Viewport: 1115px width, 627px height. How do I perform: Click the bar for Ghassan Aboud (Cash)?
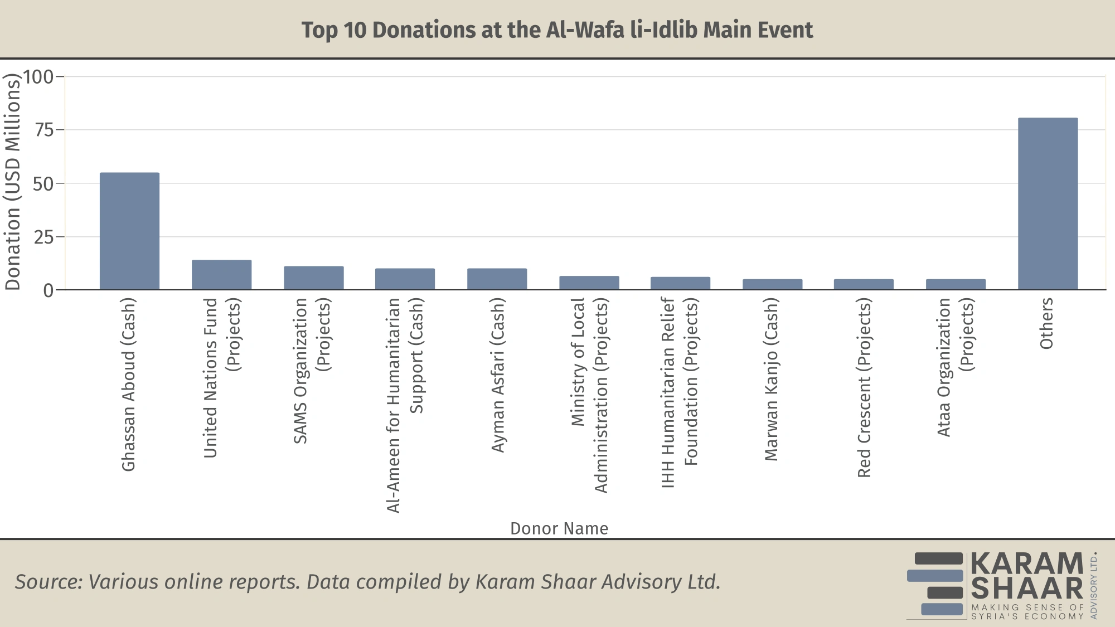click(129, 231)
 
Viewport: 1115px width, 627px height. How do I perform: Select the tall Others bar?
click(1048, 204)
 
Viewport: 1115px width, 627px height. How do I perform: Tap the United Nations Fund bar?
click(221, 275)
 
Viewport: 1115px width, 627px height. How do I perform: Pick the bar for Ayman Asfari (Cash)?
click(497, 279)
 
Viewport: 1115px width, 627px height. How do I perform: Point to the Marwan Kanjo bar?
click(772, 284)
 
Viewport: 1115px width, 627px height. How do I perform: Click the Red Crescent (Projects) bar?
click(864, 284)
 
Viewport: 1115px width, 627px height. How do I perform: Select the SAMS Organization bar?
click(313, 278)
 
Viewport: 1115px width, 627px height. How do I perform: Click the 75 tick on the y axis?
click(44, 130)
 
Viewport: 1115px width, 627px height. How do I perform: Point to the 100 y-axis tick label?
click(38, 77)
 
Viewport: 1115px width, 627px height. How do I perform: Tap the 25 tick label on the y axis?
click(44, 237)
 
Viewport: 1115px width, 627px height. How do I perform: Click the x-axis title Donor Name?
click(559, 528)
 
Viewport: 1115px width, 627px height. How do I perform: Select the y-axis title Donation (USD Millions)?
click(12, 183)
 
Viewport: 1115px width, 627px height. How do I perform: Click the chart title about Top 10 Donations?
click(557, 30)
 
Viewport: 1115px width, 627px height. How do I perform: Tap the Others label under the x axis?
click(1046, 323)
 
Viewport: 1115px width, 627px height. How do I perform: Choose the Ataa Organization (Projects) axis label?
click(955, 367)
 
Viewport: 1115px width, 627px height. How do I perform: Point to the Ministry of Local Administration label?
click(589, 395)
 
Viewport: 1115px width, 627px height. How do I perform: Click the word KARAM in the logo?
click(1027, 563)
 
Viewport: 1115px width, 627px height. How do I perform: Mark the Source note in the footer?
click(367, 582)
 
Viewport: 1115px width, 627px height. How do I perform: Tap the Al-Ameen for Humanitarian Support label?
click(405, 405)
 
